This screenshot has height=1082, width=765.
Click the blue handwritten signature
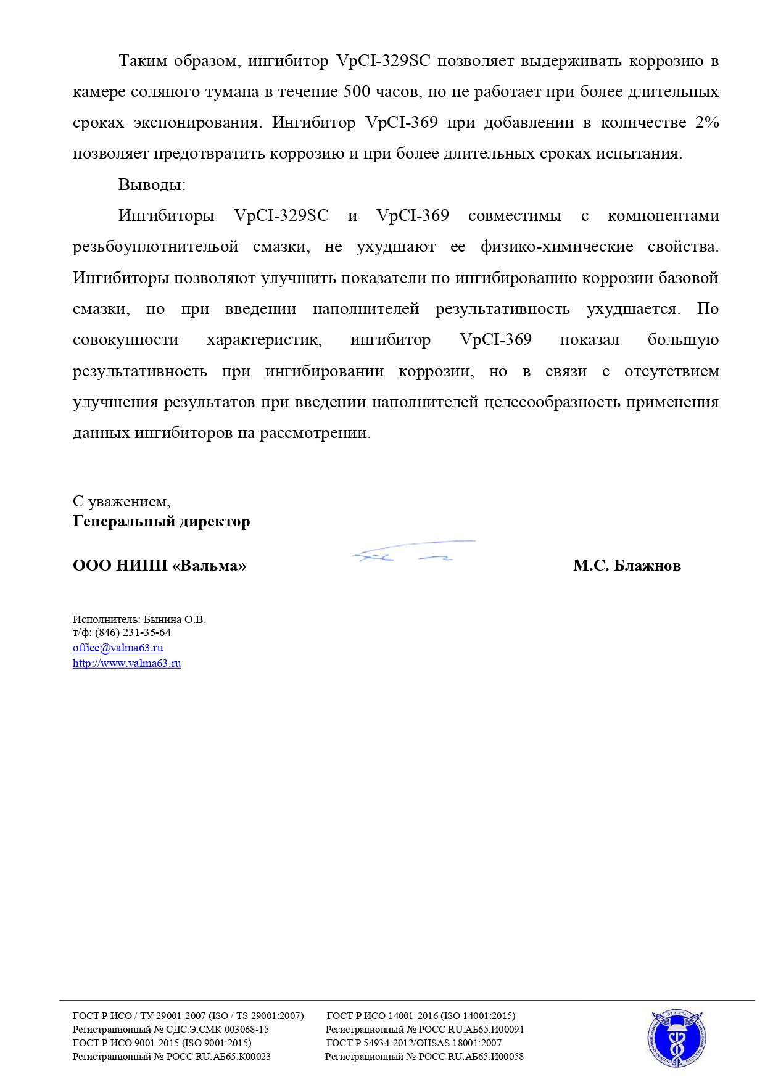coord(412,551)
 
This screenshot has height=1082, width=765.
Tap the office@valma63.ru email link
coord(118,648)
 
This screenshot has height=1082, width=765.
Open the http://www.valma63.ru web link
coord(126,663)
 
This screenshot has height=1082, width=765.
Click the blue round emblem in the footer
coord(677,1039)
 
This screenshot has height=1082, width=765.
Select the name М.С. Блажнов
coord(626,566)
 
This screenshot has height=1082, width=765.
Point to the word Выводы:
coord(152,184)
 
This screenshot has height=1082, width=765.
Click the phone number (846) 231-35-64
coord(133,632)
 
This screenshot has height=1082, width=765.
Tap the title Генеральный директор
coord(161,521)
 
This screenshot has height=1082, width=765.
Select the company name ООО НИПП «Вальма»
coord(159,566)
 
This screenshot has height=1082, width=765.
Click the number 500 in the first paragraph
coord(356,92)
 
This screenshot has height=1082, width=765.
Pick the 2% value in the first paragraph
coord(706,123)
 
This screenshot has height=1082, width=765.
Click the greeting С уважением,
coord(122,502)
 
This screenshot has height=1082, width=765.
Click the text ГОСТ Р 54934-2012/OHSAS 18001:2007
coord(413,1043)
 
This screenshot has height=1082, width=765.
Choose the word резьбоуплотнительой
coord(155,247)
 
